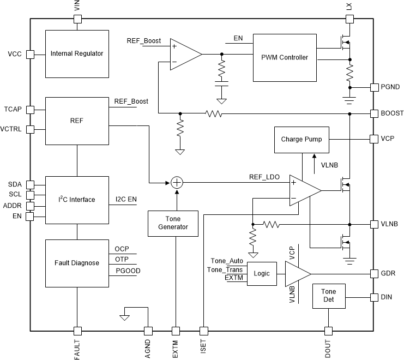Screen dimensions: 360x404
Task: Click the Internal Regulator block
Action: [76, 53]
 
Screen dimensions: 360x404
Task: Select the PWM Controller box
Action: [285, 57]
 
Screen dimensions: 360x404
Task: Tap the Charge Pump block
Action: [302, 139]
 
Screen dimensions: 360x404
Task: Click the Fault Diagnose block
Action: [76, 263]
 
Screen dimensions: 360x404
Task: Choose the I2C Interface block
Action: [76, 200]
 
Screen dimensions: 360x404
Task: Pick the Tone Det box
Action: [328, 296]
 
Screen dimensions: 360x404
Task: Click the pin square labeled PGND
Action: [374, 87]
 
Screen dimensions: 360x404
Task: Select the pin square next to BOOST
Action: [374, 113]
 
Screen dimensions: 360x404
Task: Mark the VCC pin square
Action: [31, 54]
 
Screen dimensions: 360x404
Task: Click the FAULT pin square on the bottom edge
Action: [77, 331]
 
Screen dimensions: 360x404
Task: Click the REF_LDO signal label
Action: [264, 176]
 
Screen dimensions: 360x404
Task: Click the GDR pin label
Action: [389, 273]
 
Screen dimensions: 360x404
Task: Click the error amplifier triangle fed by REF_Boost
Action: [184, 54]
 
